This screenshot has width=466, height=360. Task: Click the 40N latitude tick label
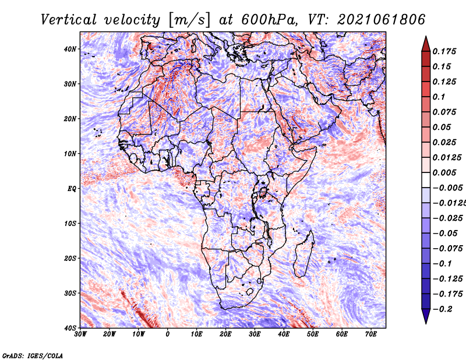tap(70, 49)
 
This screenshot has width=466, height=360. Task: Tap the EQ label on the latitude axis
tap(72, 189)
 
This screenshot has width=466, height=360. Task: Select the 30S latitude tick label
tap(70, 294)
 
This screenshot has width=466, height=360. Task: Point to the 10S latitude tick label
tap(70, 224)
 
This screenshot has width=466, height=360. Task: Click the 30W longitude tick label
tap(80, 334)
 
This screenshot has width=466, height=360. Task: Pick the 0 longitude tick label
tap(168, 334)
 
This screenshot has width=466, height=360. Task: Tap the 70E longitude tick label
tap(371, 334)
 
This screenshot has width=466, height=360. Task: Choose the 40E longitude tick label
tap(284, 334)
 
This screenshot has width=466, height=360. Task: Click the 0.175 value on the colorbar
tap(444, 51)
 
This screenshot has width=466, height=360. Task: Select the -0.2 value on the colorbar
tap(443, 309)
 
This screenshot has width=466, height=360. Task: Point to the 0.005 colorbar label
tap(444, 172)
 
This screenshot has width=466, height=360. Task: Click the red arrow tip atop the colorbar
tap(426, 37)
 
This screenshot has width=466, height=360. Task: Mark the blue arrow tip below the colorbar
tap(426, 323)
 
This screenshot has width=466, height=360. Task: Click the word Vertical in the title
tap(69, 20)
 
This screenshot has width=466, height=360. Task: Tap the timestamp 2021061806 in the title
tap(382, 20)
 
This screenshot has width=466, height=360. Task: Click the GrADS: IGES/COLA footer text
tap(33, 355)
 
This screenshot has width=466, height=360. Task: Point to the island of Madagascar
tap(303, 254)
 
